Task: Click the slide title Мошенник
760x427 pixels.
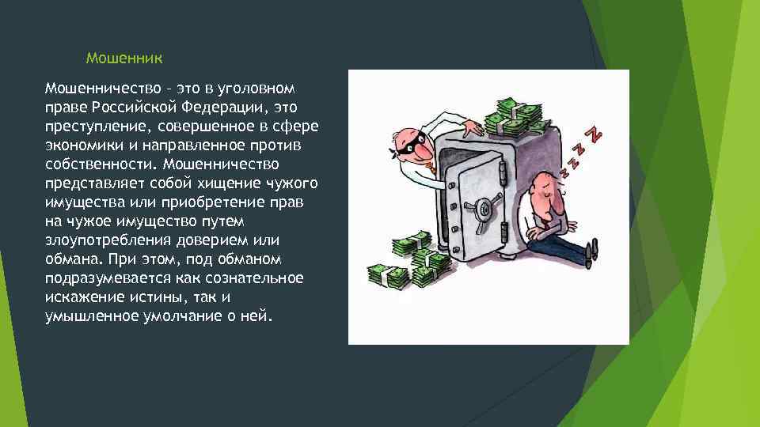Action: pos(124,59)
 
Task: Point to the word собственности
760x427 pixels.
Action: pos(99,164)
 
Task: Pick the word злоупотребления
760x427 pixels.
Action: pos(103,240)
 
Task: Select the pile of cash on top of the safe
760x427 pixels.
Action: pos(515,117)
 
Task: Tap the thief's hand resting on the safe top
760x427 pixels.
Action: pos(473,127)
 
